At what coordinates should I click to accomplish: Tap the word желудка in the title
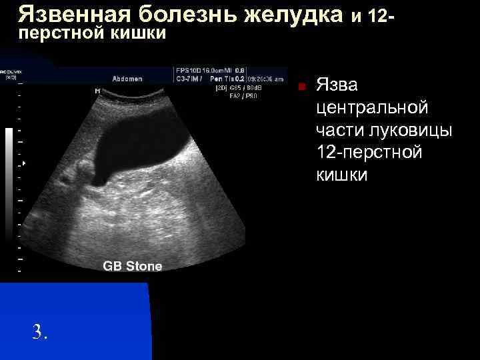click(x=294, y=13)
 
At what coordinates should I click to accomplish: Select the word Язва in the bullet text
click(x=337, y=85)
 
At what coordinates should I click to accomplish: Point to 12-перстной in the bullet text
click(x=369, y=153)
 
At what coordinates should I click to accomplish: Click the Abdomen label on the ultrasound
click(x=127, y=79)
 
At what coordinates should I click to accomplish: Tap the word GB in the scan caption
click(x=111, y=267)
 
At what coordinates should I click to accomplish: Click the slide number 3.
click(x=39, y=331)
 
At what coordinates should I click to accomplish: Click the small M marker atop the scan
click(x=98, y=90)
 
